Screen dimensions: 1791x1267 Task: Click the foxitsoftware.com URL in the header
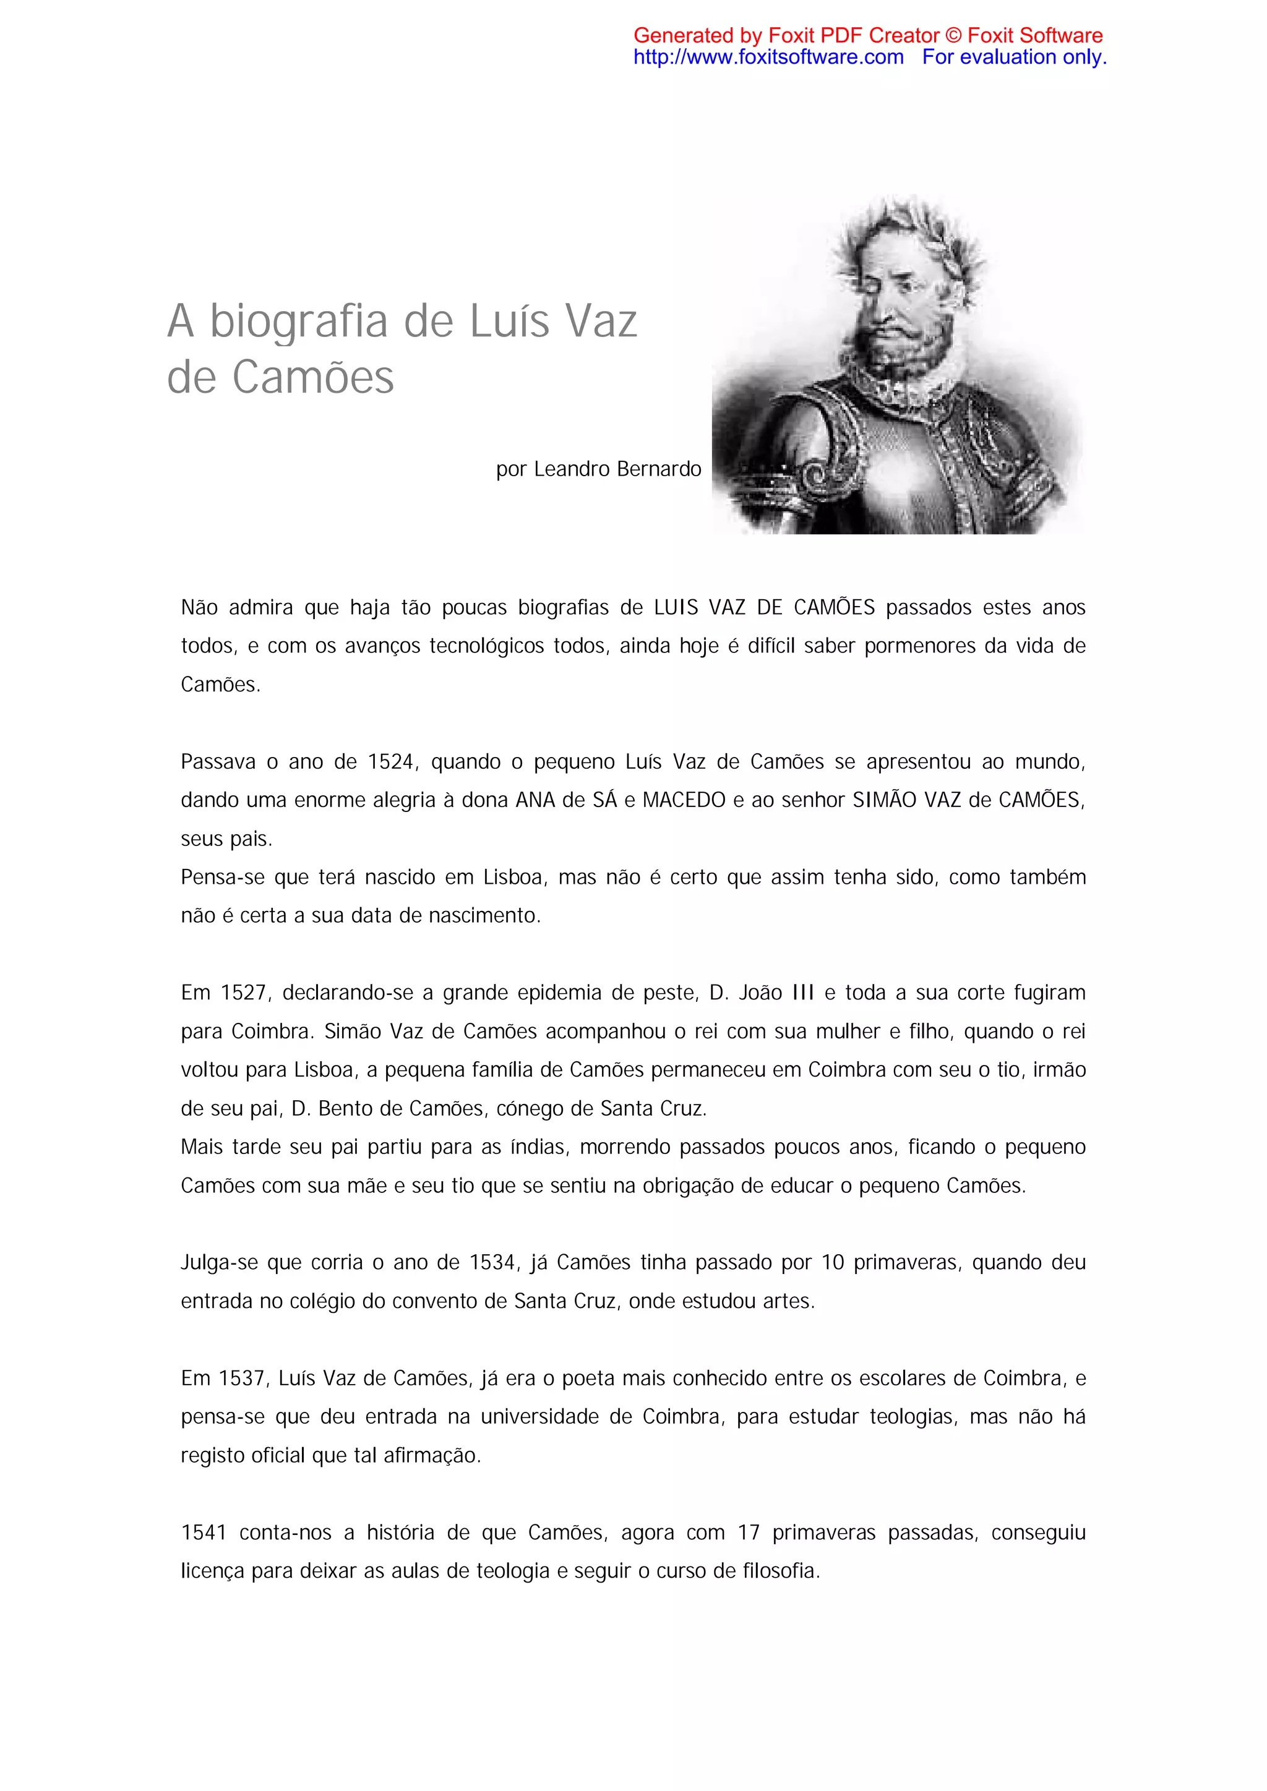pyautogui.click(x=768, y=57)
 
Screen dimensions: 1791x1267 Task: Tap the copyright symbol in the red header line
pyautogui.click(x=953, y=36)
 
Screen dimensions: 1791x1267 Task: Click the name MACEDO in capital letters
pyautogui.click(x=684, y=800)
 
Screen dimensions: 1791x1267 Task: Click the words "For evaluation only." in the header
pyautogui.click(x=1013, y=57)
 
